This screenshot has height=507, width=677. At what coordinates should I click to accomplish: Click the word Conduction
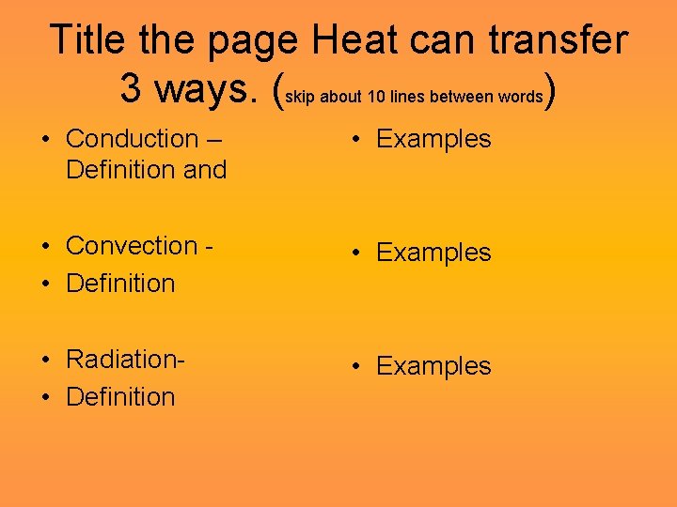[132, 139]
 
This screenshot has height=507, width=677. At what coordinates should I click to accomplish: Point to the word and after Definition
[207, 170]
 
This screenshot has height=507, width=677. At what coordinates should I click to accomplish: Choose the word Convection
[132, 246]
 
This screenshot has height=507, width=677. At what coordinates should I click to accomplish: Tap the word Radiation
[123, 360]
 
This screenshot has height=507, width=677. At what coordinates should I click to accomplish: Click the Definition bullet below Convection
[120, 283]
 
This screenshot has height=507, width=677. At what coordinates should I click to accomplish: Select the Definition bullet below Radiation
[120, 396]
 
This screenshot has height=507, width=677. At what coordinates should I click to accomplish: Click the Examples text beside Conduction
[433, 139]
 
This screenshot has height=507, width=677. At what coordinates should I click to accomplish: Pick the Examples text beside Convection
[433, 253]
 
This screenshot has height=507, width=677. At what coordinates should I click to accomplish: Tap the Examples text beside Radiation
[433, 366]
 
